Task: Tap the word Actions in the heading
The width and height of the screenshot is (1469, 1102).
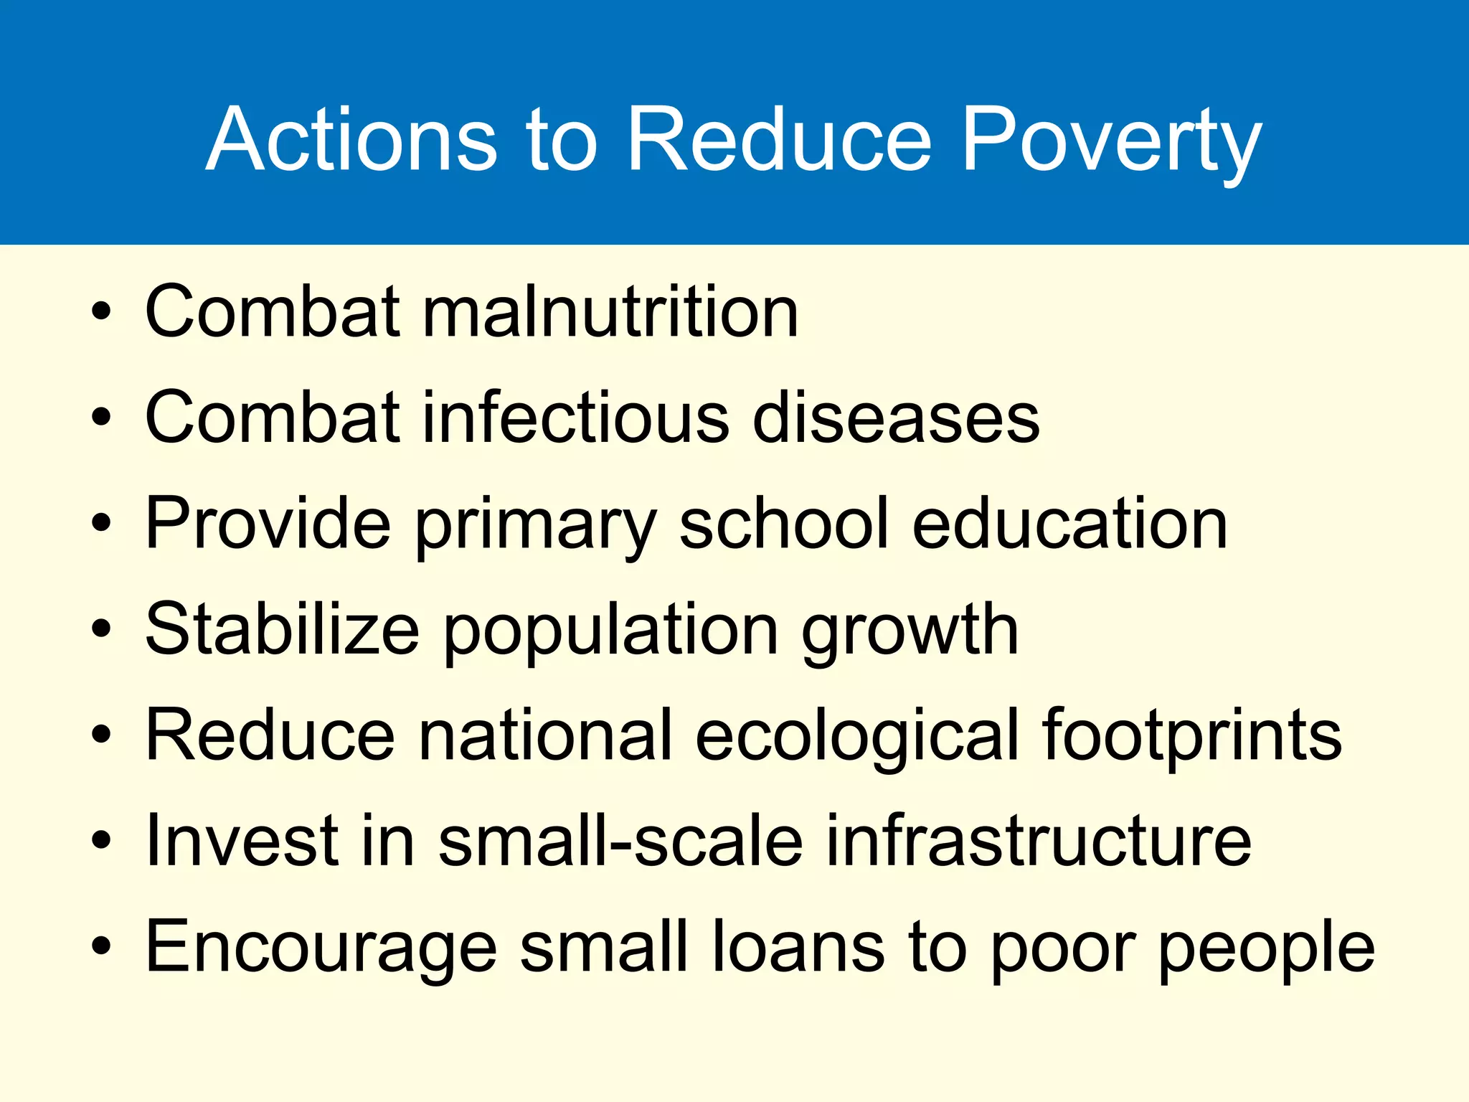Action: click(x=351, y=140)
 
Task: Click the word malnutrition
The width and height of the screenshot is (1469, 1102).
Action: click(x=610, y=311)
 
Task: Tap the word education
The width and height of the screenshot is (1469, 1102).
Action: click(x=1069, y=524)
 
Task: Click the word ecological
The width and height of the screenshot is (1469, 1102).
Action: click(x=856, y=736)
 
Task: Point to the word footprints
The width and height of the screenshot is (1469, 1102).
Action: click(x=1191, y=735)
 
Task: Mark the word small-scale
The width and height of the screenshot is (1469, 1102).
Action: click(x=620, y=841)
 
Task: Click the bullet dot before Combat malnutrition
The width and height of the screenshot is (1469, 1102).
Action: click(x=101, y=312)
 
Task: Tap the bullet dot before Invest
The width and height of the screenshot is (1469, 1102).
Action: click(x=101, y=840)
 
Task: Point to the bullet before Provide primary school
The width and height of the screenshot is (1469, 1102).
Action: click(x=101, y=524)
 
